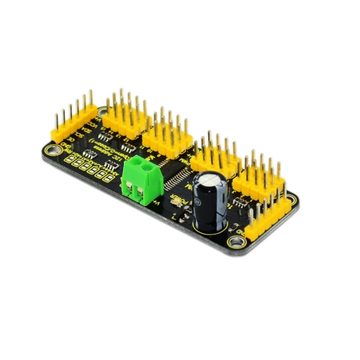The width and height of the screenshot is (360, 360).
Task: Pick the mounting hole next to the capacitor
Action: coord(237,240)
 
